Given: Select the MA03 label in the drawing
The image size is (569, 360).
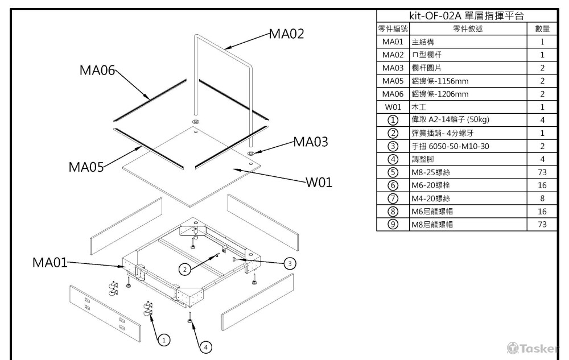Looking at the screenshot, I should click(311, 142).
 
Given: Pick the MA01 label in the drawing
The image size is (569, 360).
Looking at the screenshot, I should click(49, 263).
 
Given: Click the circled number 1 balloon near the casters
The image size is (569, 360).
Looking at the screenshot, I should click(164, 340).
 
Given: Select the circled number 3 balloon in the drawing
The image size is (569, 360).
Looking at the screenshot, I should click(290, 263).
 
